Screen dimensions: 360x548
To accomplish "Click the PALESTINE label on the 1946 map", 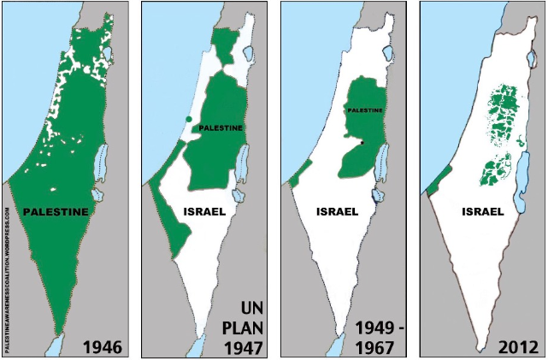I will [x=57, y=211].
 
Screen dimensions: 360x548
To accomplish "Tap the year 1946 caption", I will [x=103, y=346].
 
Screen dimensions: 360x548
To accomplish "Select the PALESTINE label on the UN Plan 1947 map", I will [x=221, y=127].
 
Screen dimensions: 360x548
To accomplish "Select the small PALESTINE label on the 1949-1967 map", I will [x=364, y=110].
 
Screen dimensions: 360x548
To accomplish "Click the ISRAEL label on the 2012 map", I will [x=483, y=211].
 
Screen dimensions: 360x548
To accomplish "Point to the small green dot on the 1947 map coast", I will [x=187, y=119].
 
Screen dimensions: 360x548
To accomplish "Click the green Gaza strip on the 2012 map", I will [x=437, y=178].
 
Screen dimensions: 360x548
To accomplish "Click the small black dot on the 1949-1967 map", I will [x=362, y=143].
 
